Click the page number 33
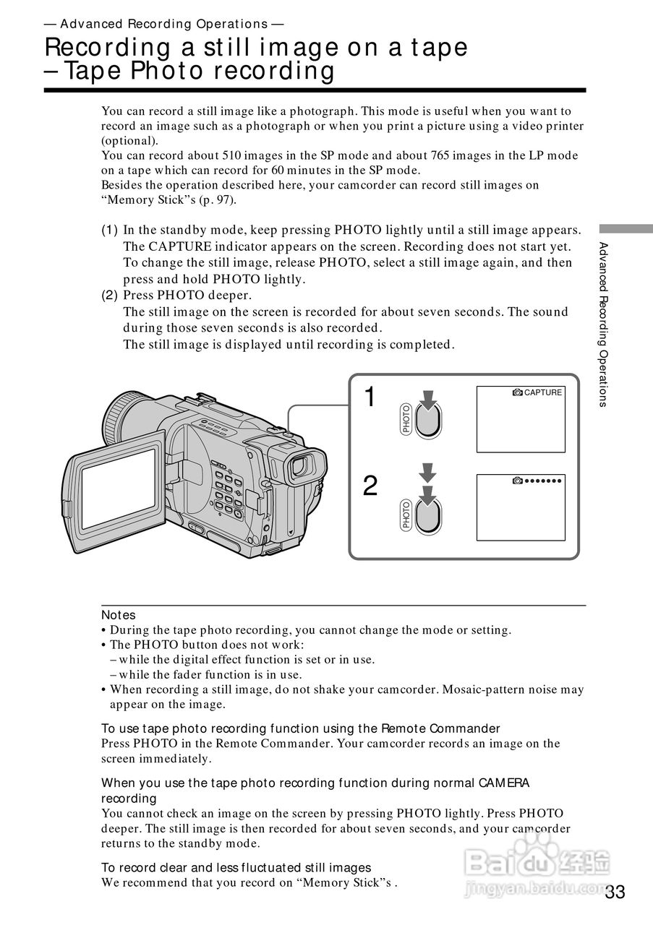coord(615,892)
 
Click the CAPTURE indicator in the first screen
coord(537,392)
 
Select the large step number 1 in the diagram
coord(370,397)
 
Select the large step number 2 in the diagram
coord(370,486)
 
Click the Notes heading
coord(118,615)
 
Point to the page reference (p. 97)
coord(221,200)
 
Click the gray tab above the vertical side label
coord(626,229)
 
